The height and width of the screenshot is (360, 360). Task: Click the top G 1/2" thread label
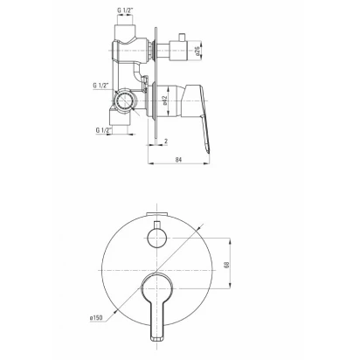pyautogui.click(x=125, y=10)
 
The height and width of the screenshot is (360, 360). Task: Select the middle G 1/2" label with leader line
pyautogui.click(x=100, y=86)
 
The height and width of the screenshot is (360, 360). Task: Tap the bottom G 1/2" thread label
pyautogui.click(x=104, y=130)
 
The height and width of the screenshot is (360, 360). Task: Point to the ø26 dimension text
pyautogui.click(x=197, y=51)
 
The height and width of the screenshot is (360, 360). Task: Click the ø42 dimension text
pyautogui.click(x=164, y=100)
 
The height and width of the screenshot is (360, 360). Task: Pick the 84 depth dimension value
pyautogui.click(x=178, y=160)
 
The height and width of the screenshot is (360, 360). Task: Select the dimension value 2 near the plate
pyautogui.click(x=166, y=142)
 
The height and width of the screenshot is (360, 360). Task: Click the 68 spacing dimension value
pyautogui.click(x=226, y=265)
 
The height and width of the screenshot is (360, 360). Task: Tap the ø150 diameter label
pyautogui.click(x=96, y=318)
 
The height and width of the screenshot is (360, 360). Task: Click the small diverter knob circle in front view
pyautogui.click(x=157, y=239)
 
